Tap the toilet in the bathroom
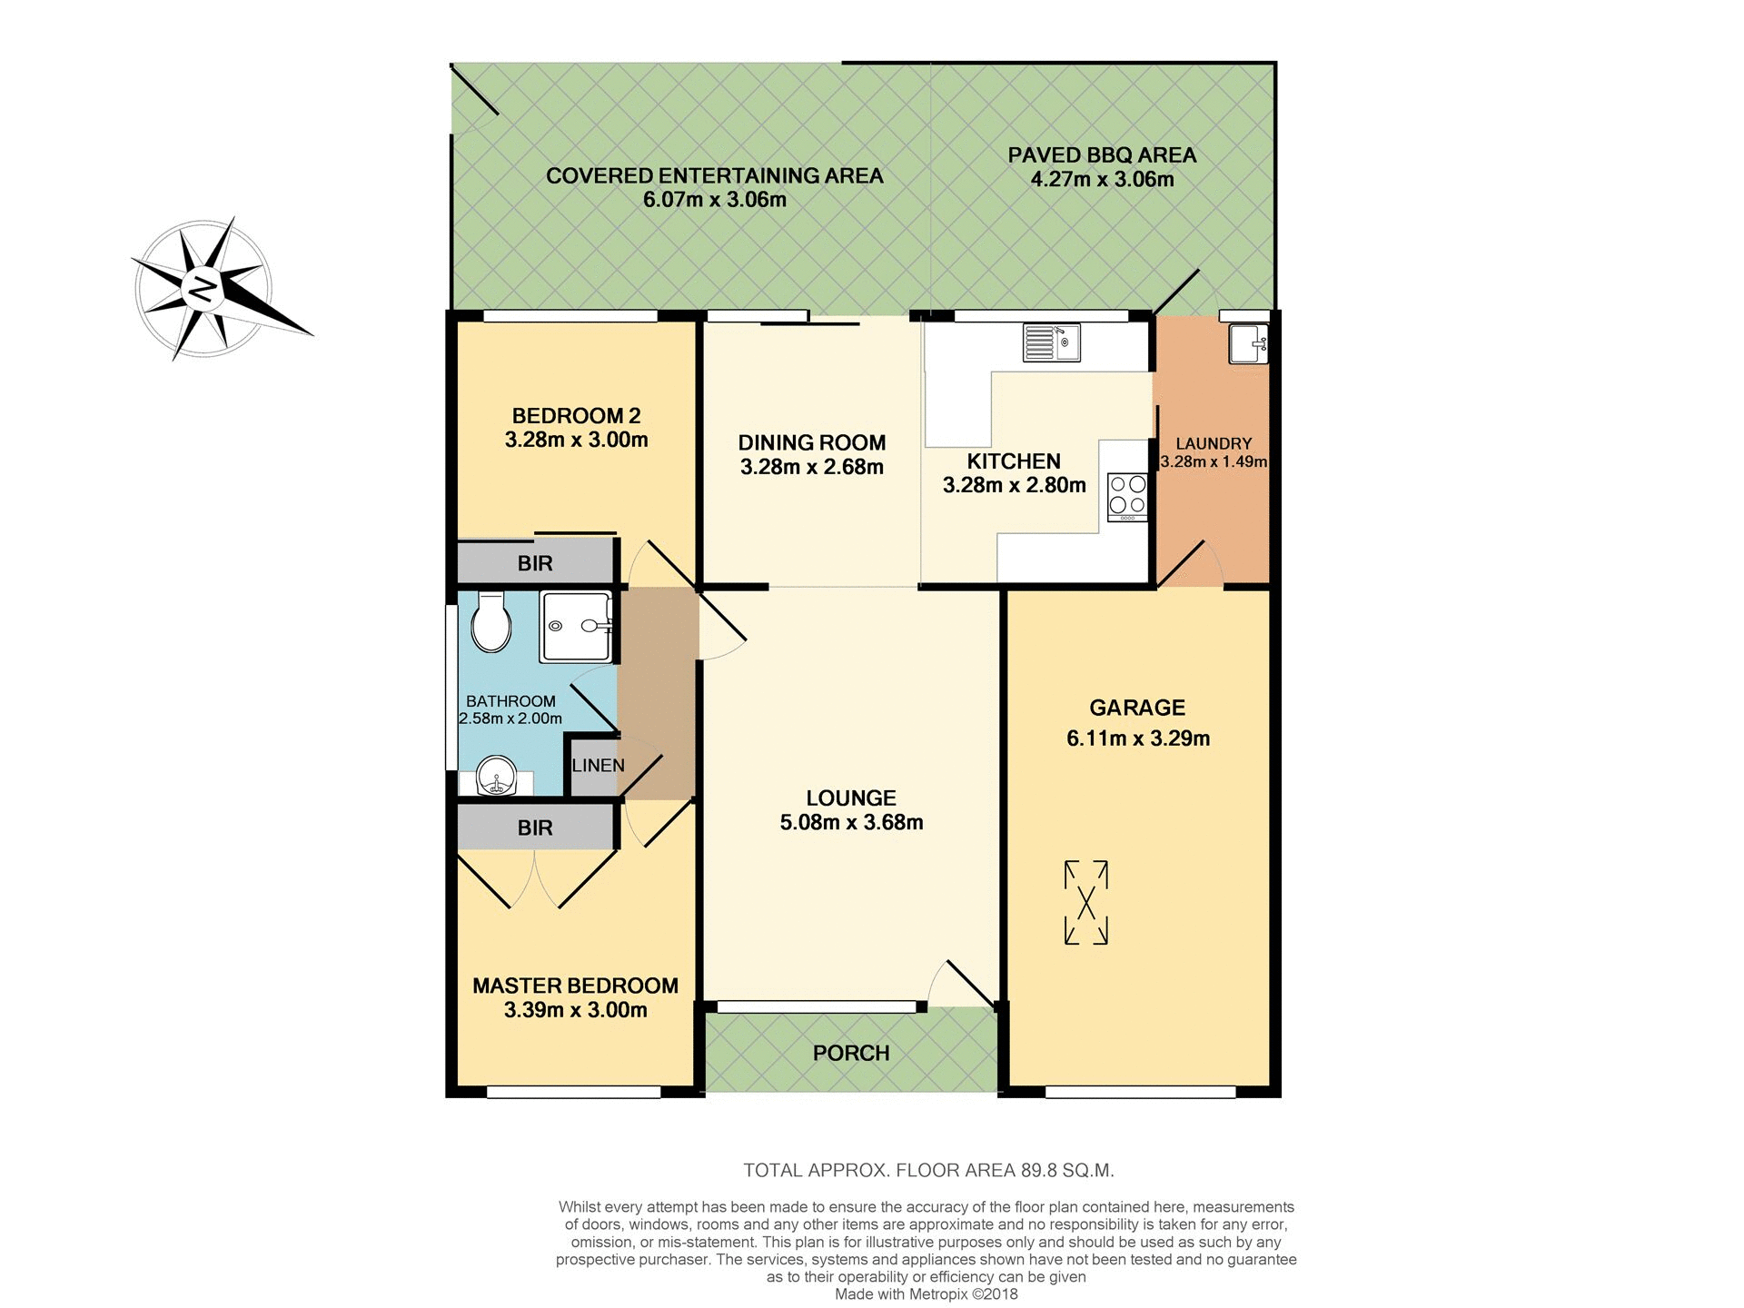pyautogui.click(x=491, y=622)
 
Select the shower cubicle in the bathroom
pyautogui.click(x=576, y=626)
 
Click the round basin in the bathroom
pyautogui.click(x=497, y=778)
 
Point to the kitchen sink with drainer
pyautogui.click(x=1051, y=342)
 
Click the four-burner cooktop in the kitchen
pyautogui.click(x=1127, y=497)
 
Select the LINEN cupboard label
pyautogui.click(x=598, y=766)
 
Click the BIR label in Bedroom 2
pyautogui.click(x=535, y=563)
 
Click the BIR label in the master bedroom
pyautogui.click(x=535, y=827)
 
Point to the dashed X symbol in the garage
pyautogui.click(x=1085, y=903)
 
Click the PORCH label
pyautogui.click(x=851, y=1053)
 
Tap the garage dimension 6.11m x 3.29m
pyautogui.click(x=1137, y=738)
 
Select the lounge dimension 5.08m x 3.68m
pyautogui.click(x=851, y=822)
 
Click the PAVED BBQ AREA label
pyautogui.click(x=1102, y=155)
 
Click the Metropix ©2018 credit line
pyautogui.click(x=926, y=1294)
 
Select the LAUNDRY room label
pyautogui.click(x=1214, y=443)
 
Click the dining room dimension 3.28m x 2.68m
pyautogui.click(x=811, y=467)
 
